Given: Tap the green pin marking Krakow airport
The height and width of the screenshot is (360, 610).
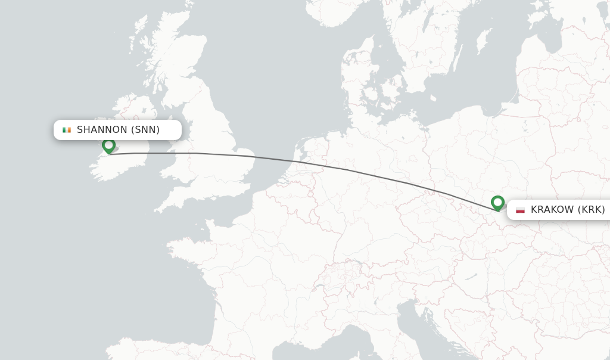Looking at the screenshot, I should pos(497,203).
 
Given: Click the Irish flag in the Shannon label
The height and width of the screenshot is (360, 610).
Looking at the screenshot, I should pos(67,130).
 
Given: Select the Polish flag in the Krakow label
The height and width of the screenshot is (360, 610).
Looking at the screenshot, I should pos(520,210).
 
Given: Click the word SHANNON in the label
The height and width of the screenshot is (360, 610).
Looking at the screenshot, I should pos(102,130).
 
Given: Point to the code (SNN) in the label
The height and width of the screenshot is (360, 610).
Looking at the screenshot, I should pos(145,130).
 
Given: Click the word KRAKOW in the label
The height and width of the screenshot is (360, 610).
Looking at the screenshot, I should pos(552,210).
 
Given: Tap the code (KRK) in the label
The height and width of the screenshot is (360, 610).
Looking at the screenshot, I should pos(592,210).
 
